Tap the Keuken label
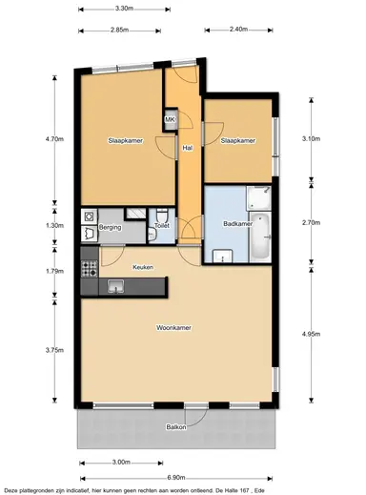coord(143,267)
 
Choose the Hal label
coord(188,148)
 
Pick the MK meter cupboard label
coord(170,119)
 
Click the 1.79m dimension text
coord(54,271)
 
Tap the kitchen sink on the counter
coord(117,284)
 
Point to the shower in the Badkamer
coord(257,198)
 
